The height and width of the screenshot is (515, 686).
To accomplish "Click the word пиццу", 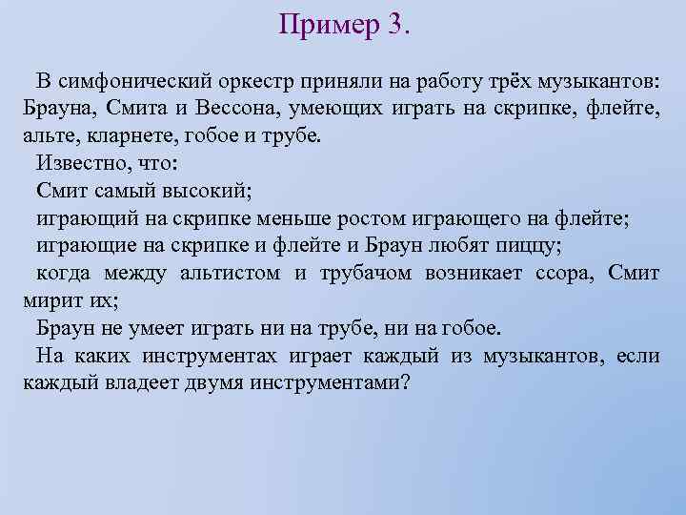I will [x=528, y=245].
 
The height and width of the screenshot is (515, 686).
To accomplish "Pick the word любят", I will [x=456, y=245].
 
